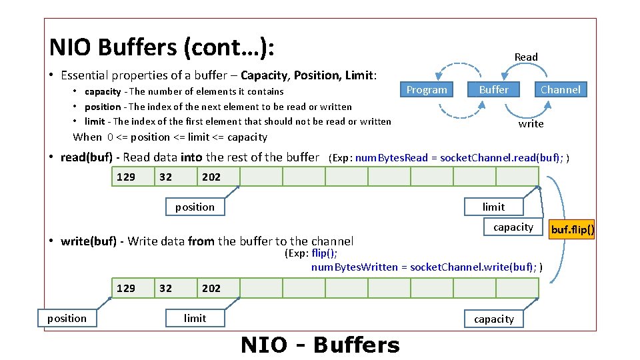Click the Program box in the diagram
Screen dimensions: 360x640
coord(427,89)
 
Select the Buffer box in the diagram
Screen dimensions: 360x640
coord(493,89)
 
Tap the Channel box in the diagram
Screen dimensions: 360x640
coord(560,89)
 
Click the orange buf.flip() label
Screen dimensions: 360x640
coord(572,231)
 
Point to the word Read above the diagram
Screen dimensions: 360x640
coord(526,57)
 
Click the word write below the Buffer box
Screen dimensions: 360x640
coord(531,124)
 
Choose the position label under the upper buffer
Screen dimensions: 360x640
coord(195,207)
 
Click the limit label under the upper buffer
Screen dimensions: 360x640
coord(493,207)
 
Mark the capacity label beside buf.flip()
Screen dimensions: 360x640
coord(513,227)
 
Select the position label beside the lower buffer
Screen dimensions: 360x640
coord(67,318)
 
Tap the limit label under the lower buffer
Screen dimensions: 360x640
coord(195,318)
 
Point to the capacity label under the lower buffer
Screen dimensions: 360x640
coord(493,319)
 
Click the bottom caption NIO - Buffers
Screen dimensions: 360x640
coord(320,345)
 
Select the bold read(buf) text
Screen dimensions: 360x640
coord(89,157)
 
